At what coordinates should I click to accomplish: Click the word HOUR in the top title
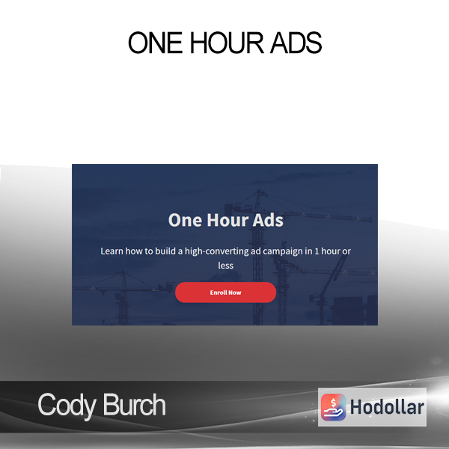[227, 43]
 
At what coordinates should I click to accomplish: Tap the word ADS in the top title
[296, 43]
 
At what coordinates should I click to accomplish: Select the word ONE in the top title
[155, 43]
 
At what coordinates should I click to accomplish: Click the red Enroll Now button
[226, 293]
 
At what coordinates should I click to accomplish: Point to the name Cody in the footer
[67, 406]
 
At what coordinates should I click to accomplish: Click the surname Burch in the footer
[134, 404]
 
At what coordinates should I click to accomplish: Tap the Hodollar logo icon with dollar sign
[333, 407]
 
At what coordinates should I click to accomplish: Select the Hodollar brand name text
[387, 407]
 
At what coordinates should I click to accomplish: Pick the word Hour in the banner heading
[227, 220]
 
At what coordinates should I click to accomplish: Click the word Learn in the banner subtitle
[112, 251]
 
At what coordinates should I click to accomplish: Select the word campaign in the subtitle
[282, 251]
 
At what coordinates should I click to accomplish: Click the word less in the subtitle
[226, 266]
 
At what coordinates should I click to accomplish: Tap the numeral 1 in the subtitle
[317, 251]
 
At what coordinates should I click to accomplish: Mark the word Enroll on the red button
[219, 293]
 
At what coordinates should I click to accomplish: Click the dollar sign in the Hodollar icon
[333, 403]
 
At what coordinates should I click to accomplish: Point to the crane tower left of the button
[123, 298]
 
